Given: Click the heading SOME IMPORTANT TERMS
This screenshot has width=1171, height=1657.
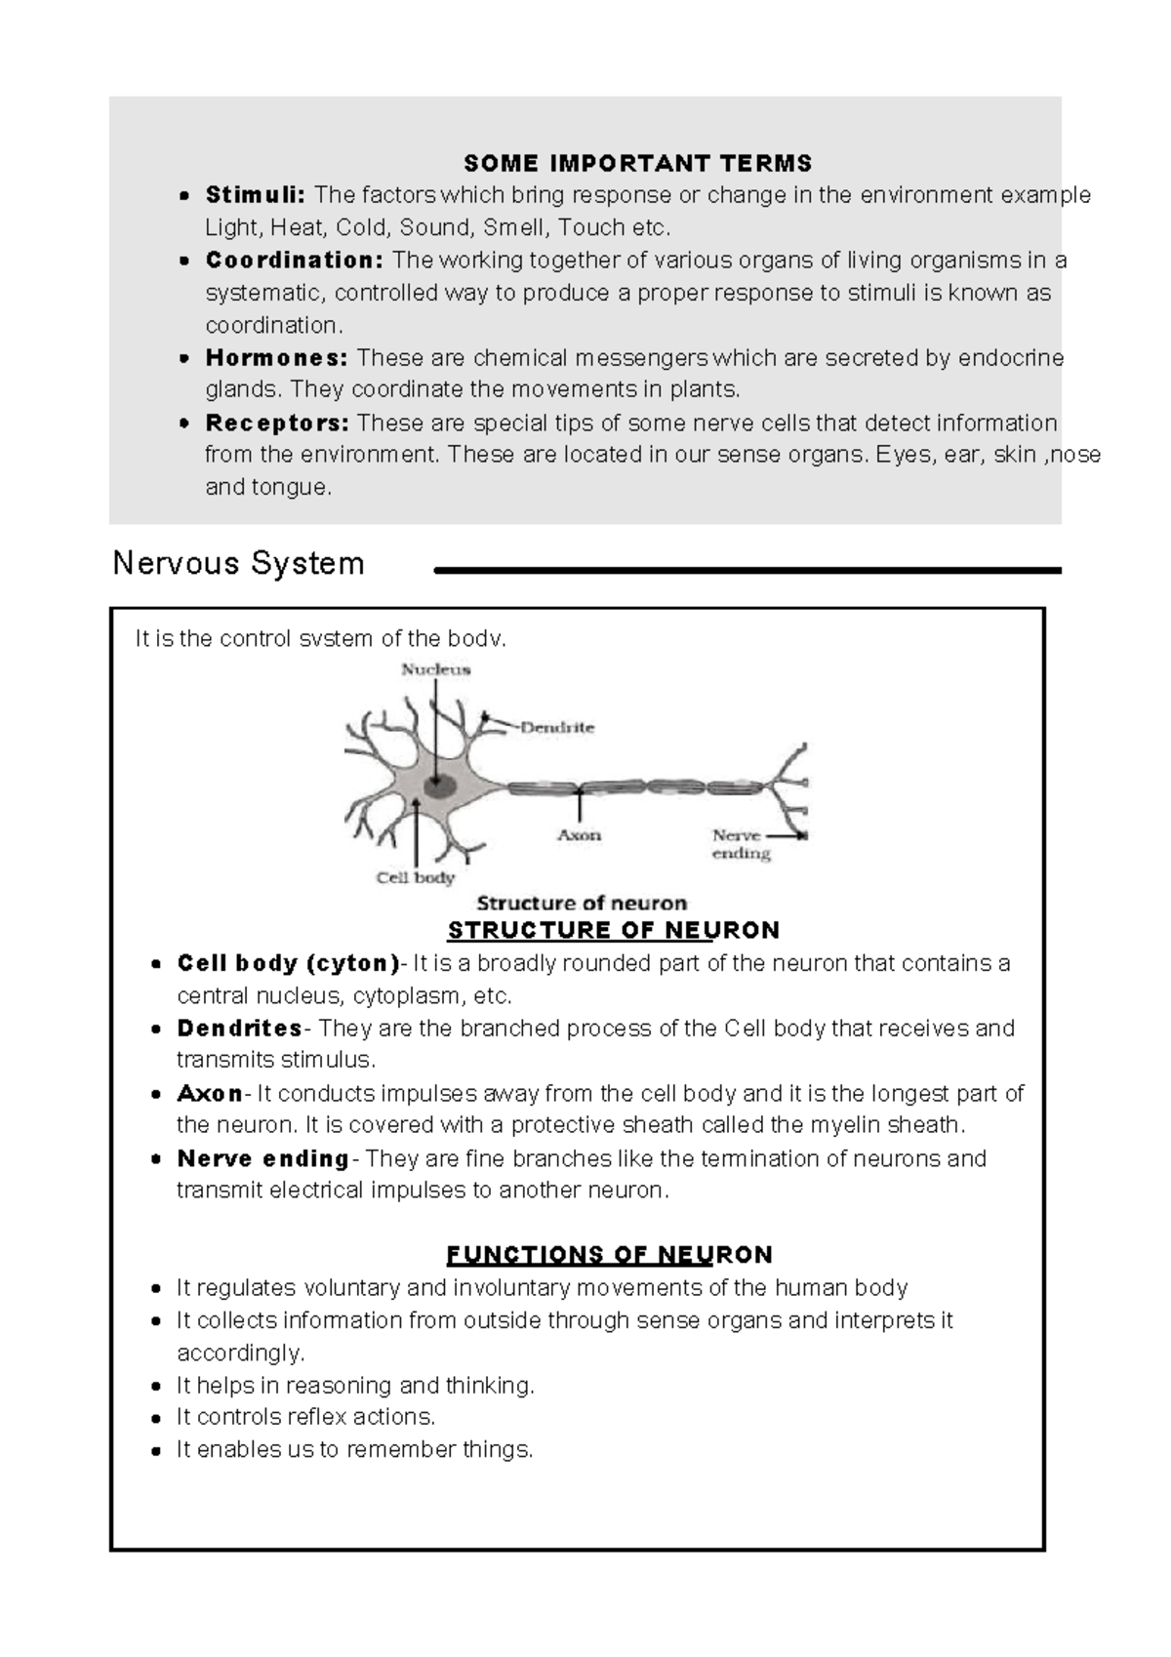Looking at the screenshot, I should pyautogui.click(x=637, y=163).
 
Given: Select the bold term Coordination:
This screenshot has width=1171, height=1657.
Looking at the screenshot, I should pyautogui.click(x=295, y=261).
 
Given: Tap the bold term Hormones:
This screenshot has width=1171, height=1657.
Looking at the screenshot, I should pyautogui.click(x=276, y=358).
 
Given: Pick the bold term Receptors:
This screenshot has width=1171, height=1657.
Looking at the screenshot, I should pyautogui.click(x=277, y=424).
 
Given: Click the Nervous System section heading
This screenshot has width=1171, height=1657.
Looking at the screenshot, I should pyautogui.click(x=238, y=563).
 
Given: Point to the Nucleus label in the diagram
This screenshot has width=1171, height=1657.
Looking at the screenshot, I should pyautogui.click(x=436, y=669).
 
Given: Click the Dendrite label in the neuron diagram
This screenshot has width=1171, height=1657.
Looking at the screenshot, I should pyautogui.click(x=556, y=727).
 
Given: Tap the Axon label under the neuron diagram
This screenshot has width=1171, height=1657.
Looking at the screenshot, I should pyautogui.click(x=579, y=835).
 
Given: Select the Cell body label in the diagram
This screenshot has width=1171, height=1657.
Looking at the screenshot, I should pyautogui.click(x=416, y=877).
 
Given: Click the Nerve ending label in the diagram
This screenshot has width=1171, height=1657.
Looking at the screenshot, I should pyautogui.click(x=740, y=844).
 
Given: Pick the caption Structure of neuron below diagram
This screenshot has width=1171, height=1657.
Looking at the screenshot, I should pyautogui.click(x=582, y=903).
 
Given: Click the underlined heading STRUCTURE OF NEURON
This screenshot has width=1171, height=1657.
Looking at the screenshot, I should pyautogui.click(x=613, y=930).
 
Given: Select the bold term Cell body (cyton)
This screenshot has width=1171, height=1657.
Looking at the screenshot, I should pyautogui.click(x=288, y=964).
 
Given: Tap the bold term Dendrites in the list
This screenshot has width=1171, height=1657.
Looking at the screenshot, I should pyautogui.click(x=240, y=1029).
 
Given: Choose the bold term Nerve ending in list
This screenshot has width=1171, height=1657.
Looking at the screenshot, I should pyautogui.click(x=262, y=1159).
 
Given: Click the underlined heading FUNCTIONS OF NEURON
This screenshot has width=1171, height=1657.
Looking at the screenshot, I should pyautogui.click(x=609, y=1254).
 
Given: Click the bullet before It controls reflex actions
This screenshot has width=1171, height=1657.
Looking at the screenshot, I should pyautogui.click(x=156, y=1418).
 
